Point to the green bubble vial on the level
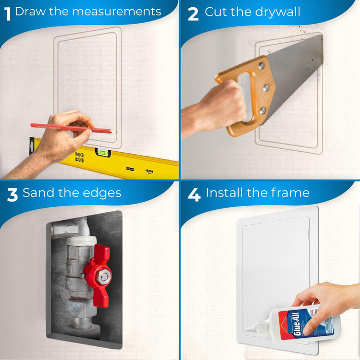point(103,152)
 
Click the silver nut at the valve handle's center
point(104,277)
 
